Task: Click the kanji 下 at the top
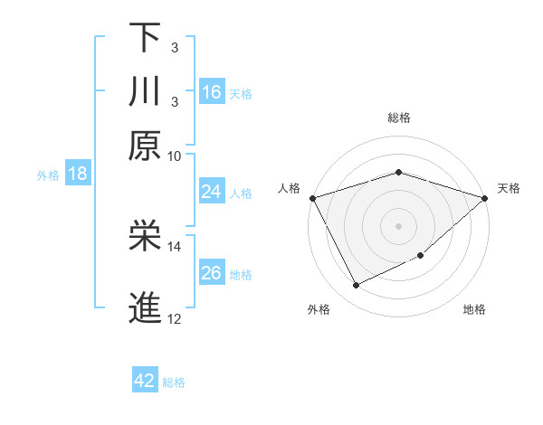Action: [146, 38]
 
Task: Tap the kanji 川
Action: [146, 91]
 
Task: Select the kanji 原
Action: [146, 145]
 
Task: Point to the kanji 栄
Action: [146, 237]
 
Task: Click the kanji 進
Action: [146, 308]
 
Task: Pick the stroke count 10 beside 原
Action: [175, 156]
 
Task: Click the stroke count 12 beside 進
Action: [175, 318]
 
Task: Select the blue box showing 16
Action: [212, 91]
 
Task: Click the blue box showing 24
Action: [212, 192]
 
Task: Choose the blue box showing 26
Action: [212, 273]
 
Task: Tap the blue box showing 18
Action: [78, 174]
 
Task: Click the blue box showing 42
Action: [145, 381]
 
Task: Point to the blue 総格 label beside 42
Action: [174, 382]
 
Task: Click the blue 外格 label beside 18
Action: [48, 175]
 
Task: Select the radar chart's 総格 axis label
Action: [398, 118]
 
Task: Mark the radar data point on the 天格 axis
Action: [486, 197]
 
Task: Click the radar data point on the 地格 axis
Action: [422, 256]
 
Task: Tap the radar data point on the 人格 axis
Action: [312, 197]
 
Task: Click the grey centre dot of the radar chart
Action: [398, 225]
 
